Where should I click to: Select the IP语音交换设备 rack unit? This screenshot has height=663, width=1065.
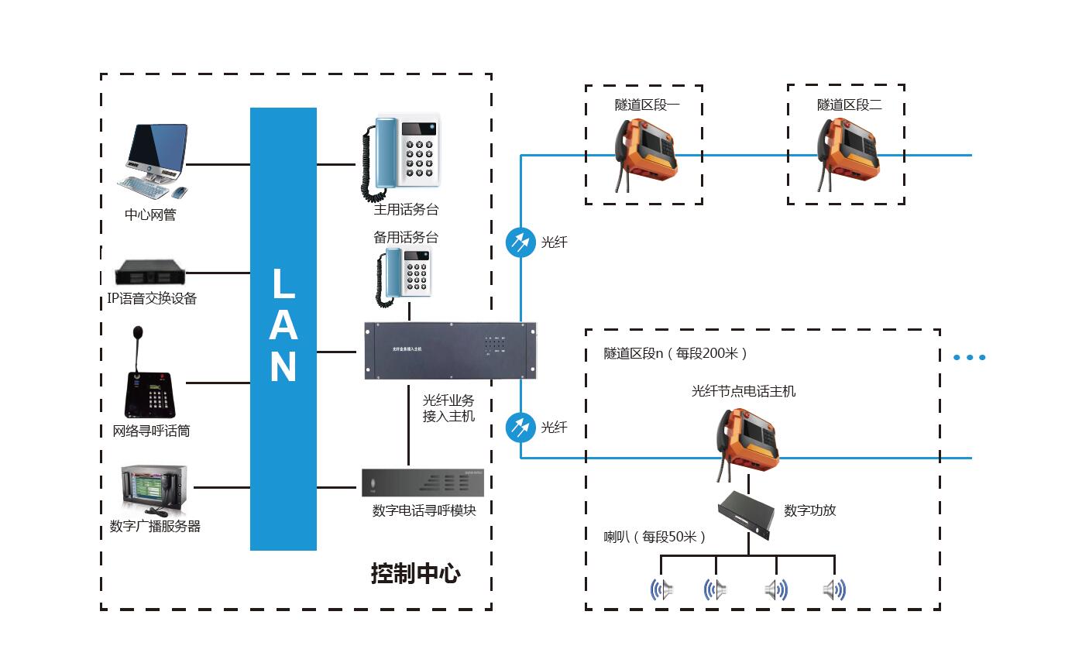pyautogui.click(x=149, y=273)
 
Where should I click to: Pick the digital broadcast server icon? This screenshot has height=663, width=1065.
pyautogui.click(x=154, y=490)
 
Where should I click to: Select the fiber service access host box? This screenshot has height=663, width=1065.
pyautogui.click(x=450, y=351)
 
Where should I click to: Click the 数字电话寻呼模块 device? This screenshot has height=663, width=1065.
pyautogui.click(x=423, y=483)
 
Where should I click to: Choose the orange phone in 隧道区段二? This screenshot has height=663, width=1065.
pyautogui.click(x=847, y=149)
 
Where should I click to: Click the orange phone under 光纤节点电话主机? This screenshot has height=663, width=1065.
pyautogui.click(x=747, y=439)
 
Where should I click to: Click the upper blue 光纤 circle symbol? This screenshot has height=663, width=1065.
pyautogui.click(x=520, y=242)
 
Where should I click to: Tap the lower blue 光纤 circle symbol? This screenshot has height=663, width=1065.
pyautogui.click(x=520, y=427)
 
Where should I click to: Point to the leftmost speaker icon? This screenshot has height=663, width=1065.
pyautogui.click(x=661, y=590)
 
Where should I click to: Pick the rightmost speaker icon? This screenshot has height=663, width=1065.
pyautogui.click(x=833, y=590)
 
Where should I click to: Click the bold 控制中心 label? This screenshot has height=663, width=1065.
pyautogui.click(x=415, y=574)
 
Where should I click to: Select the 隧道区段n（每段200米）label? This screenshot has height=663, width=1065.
pyautogui.click(x=675, y=353)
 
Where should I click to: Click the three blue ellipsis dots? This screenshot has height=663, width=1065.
pyautogui.click(x=969, y=357)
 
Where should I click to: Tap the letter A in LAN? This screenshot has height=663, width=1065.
pyautogui.click(x=283, y=325)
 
